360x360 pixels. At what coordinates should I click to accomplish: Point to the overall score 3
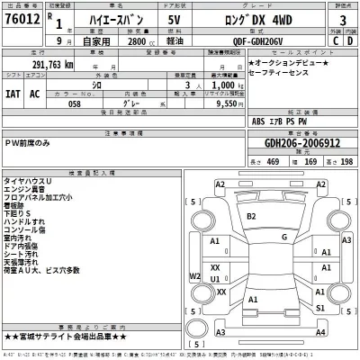342,19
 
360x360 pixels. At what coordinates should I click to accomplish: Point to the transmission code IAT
13,92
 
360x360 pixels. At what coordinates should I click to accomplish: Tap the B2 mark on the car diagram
251,216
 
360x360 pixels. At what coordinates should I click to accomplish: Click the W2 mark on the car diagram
195,276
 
